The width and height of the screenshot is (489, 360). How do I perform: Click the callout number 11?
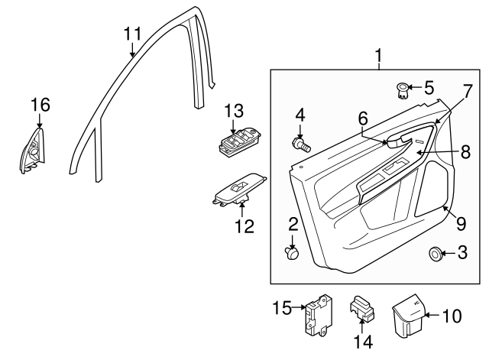(x=132, y=33)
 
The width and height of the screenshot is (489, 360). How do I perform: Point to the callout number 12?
(x=244, y=226)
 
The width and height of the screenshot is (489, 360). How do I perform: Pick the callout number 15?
(x=282, y=308)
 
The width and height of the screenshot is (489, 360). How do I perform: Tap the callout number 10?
(x=452, y=314)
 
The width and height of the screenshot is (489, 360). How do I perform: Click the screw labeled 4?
(x=300, y=143)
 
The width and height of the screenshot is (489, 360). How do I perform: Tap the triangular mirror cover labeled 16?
(x=33, y=151)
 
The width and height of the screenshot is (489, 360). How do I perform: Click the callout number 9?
(x=461, y=223)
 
